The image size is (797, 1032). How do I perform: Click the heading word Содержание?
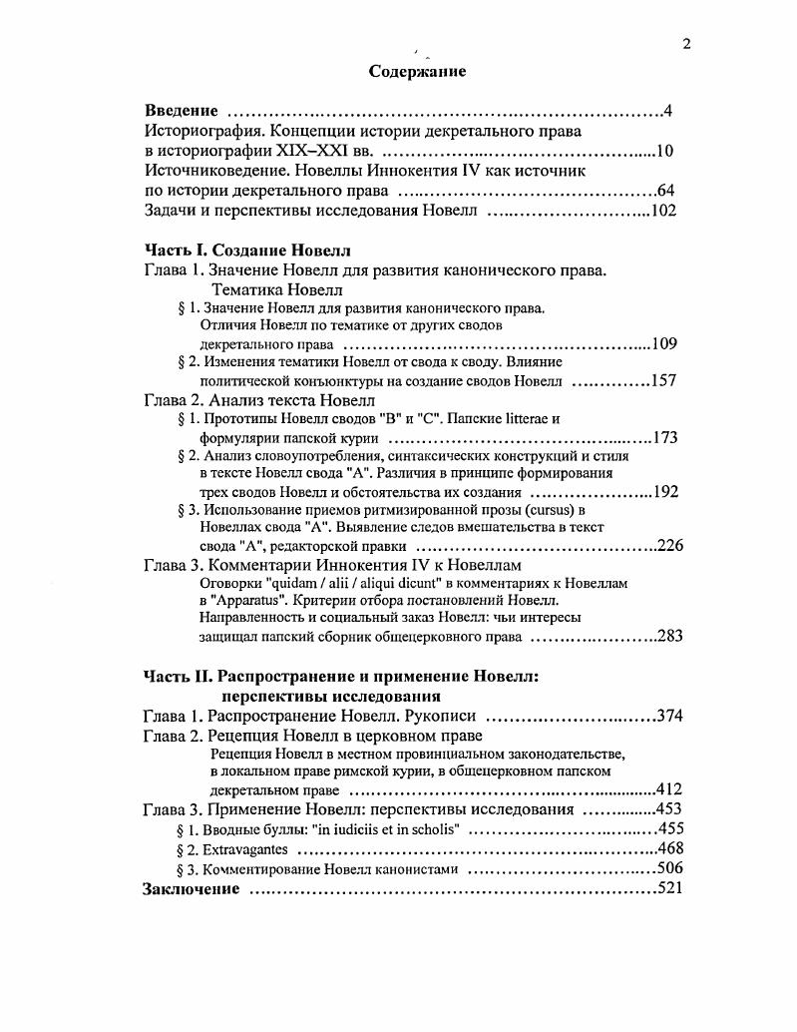(x=417, y=72)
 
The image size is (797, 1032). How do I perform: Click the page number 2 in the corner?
(x=686, y=42)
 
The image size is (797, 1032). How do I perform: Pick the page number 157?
(x=664, y=381)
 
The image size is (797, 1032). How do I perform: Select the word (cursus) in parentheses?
(x=543, y=510)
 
